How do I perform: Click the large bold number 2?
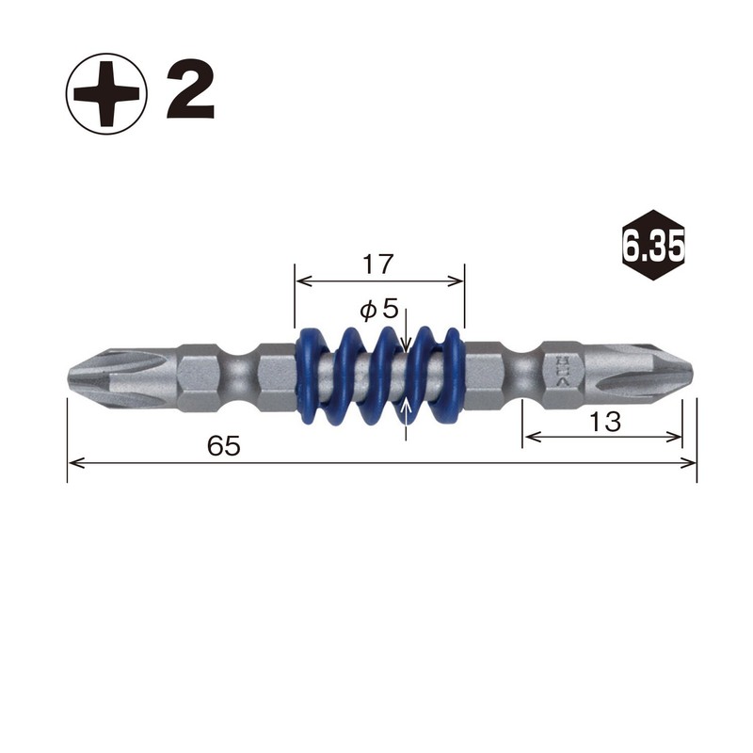(191, 92)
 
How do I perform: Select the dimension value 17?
(377, 264)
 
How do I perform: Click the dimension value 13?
(606, 423)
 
